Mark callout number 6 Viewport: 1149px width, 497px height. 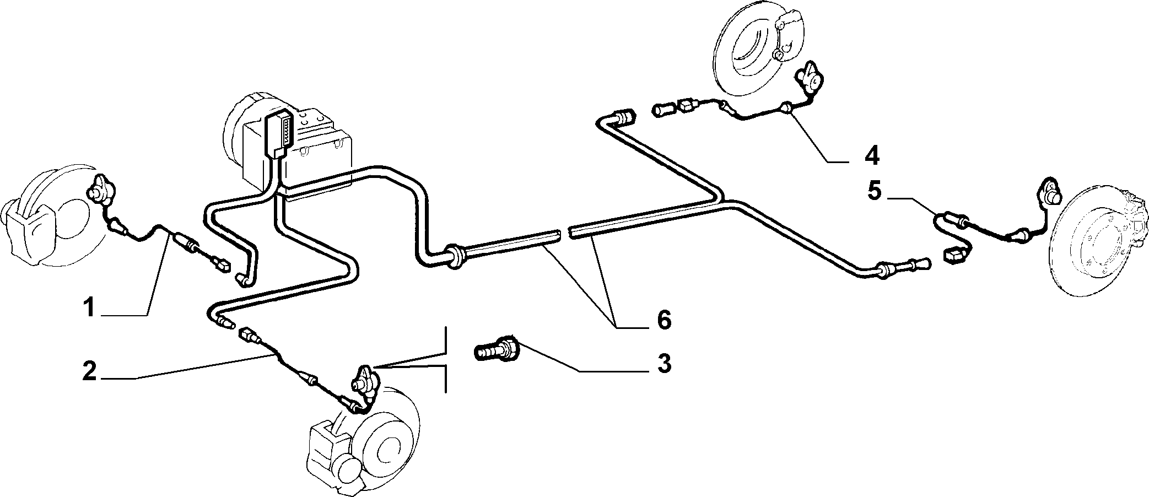[x=663, y=320]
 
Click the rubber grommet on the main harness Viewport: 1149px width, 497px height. [x=454, y=256]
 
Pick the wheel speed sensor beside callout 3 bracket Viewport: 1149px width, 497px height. [x=364, y=380]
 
